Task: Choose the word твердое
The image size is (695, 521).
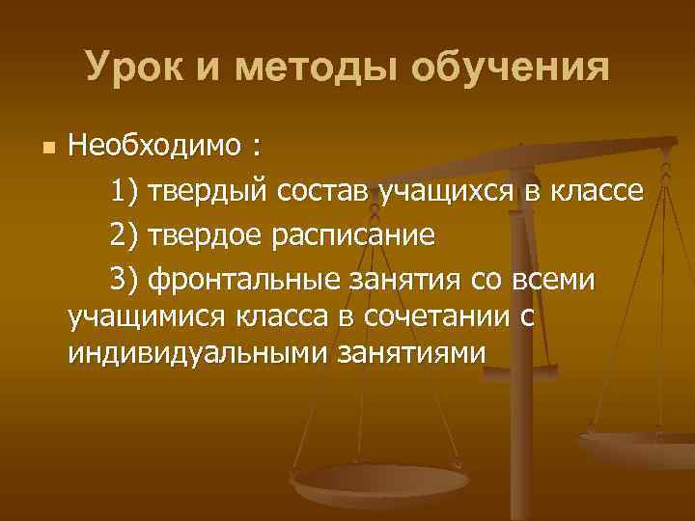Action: (x=208, y=234)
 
